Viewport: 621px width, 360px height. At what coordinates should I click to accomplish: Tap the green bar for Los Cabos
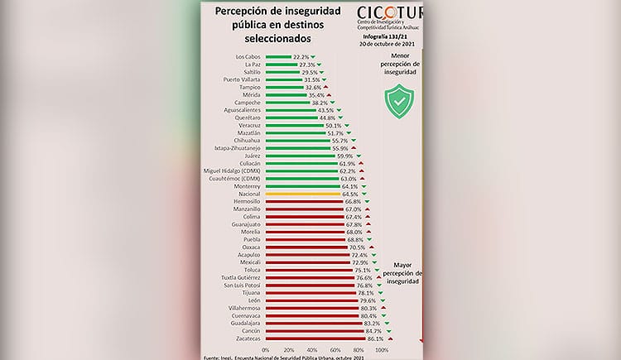tap(278, 56)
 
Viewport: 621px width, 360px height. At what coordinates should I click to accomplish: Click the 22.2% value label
tap(301, 56)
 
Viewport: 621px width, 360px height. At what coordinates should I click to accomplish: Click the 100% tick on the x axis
tap(383, 350)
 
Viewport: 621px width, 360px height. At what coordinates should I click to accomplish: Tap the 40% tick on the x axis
tap(312, 350)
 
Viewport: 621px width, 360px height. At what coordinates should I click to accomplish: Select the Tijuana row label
tap(250, 293)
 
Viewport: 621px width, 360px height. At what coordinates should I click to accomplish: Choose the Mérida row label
tap(251, 95)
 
